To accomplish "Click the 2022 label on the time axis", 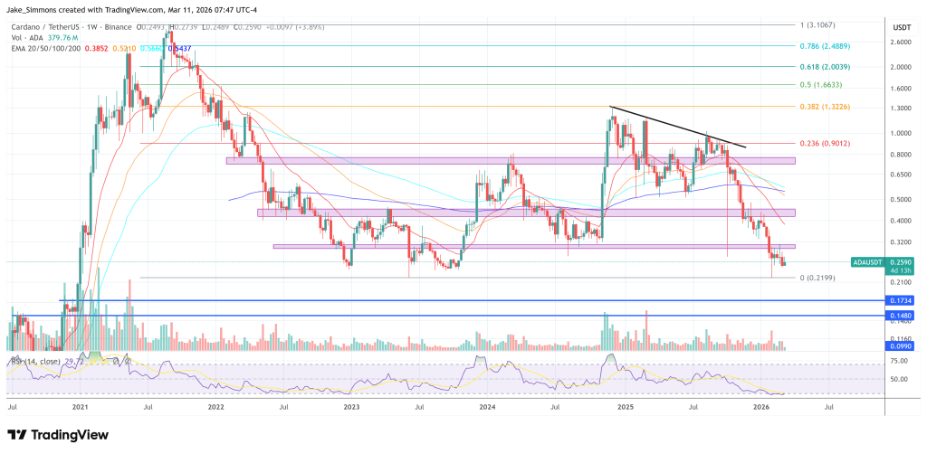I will tap(215, 408).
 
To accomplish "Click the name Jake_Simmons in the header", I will tap(33, 9).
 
